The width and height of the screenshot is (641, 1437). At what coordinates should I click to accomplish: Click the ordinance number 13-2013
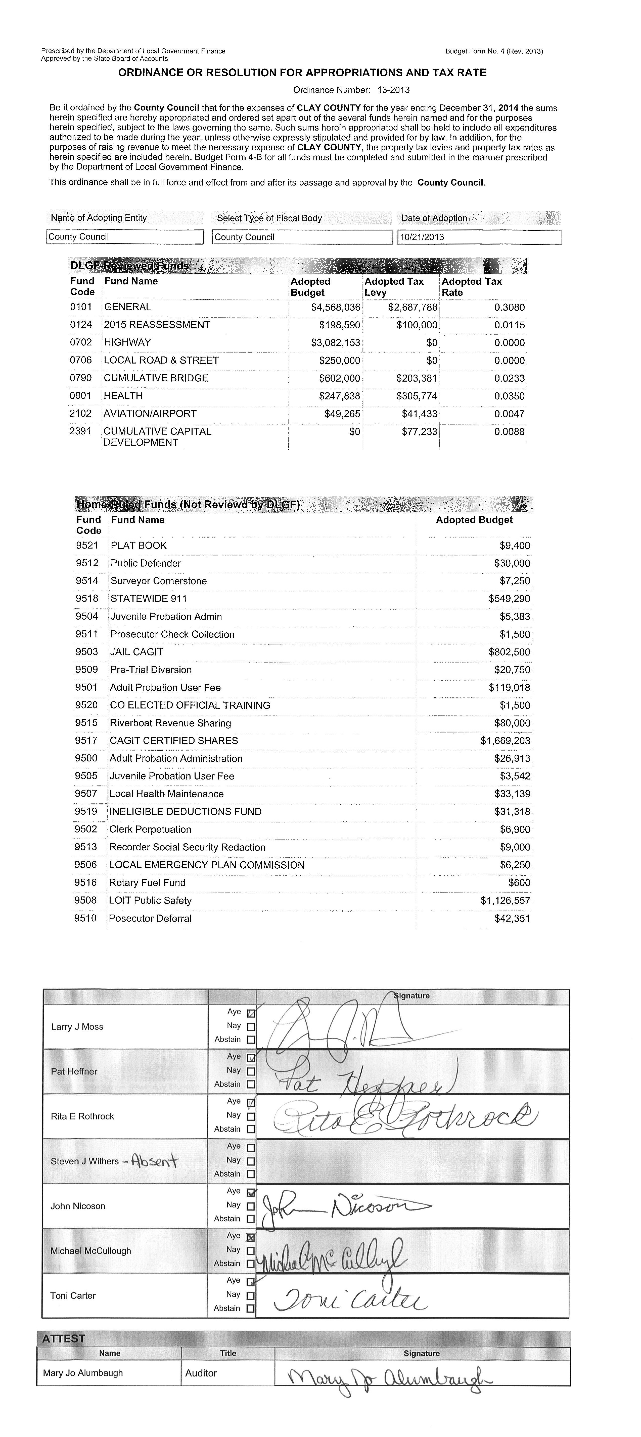click(394, 90)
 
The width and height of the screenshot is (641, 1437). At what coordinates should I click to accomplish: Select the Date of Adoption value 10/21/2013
click(422, 237)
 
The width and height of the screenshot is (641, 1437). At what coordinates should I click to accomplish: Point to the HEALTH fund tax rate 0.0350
click(509, 396)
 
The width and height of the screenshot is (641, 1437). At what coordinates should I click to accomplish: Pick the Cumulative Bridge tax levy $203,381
click(417, 378)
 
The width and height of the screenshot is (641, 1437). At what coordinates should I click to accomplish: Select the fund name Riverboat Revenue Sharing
click(170, 723)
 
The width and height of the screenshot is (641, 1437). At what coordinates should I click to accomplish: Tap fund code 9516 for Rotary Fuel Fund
click(85, 882)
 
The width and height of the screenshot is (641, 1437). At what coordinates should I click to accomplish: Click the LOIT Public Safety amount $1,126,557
click(505, 900)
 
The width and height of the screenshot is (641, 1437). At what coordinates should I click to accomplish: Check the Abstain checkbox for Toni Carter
click(250, 1308)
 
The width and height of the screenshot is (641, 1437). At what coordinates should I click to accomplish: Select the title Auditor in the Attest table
click(201, 1373)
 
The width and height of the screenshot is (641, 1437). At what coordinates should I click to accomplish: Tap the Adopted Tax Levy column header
click(394, 287)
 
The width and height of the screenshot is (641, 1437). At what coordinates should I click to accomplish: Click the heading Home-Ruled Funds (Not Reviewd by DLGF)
click(188, 505)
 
